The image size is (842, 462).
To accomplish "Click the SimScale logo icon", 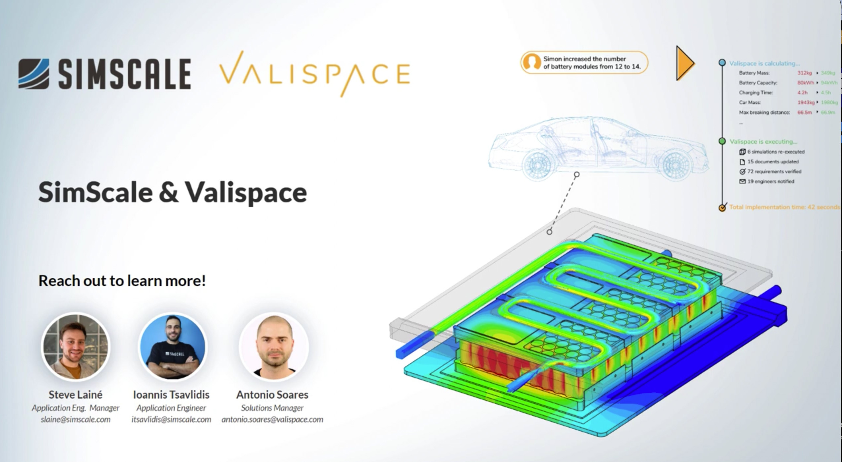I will coord(34,74).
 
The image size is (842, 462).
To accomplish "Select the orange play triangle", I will coord(685,63).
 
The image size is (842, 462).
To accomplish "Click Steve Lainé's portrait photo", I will coord(76,347).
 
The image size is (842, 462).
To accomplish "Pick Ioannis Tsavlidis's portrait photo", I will coord(173,347).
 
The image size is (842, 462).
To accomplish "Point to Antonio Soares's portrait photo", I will coord(274,347).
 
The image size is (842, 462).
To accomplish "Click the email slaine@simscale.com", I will coord(76,419).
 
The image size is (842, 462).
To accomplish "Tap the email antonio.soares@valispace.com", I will coord(272,419).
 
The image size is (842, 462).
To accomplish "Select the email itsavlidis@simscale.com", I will coord(171,419).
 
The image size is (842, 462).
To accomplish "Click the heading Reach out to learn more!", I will coord(122,281).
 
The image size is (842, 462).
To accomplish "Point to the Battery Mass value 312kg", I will coord(804,73).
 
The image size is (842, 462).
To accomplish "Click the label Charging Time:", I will coord(756,93).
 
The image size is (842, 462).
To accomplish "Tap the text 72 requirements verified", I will coord(774,171).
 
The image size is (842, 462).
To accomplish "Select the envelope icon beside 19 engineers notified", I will coord(742,182).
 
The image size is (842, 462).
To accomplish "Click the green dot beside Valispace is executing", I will coord(722,141).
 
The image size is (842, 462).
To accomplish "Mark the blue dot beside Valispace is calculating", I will coord(722,63).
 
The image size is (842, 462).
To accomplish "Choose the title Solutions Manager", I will coord(272,408).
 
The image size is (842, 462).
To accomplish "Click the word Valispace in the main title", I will coord(246,192).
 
